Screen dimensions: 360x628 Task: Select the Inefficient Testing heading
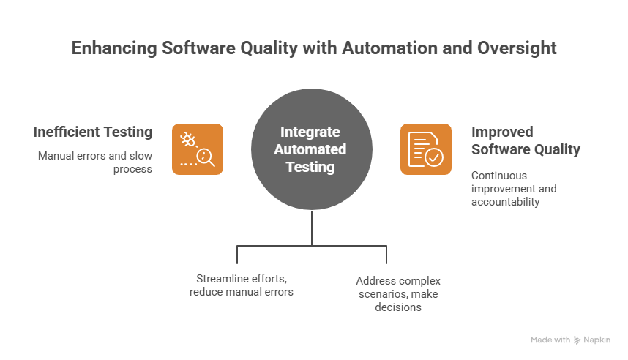tap(92, 132)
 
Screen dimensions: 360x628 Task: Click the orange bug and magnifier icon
tap(198, 149)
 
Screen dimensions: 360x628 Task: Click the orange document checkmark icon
tap(425, 149)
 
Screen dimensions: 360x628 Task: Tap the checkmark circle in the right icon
tap(433, 157)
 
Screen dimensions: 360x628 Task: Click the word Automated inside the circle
tap(310, 149)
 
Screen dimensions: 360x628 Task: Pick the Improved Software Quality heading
tap(526, 140)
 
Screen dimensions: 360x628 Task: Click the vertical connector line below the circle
tap(312, 228)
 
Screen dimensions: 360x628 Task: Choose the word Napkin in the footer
tap(597, 340)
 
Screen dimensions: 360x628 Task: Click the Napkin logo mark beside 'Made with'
tap(577, 340)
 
